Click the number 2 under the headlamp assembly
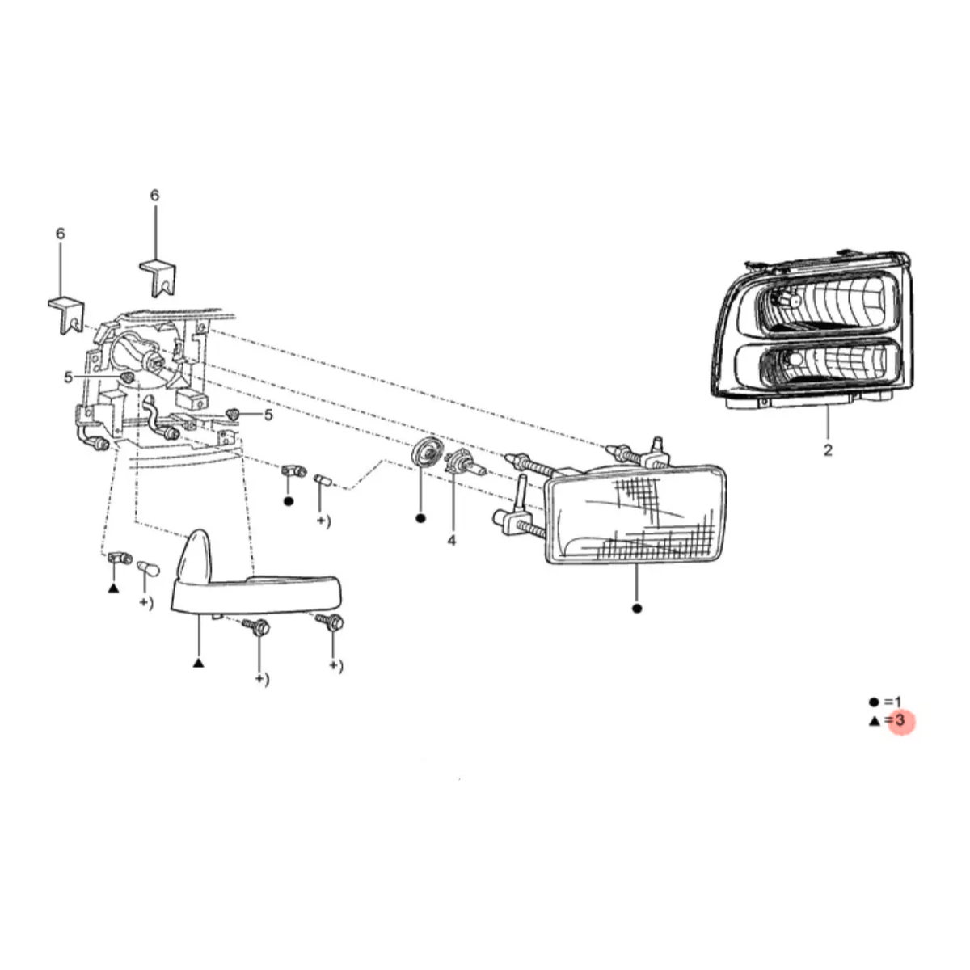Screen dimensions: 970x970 (828, 449)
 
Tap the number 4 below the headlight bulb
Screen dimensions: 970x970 (451, 541)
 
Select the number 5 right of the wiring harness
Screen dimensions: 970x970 (268, 415)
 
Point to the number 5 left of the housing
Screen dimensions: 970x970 (69, 377)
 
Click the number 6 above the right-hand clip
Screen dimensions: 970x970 (154, 196)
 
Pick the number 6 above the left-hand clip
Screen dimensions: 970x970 (61, 234)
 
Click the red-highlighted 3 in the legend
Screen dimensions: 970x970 (900, 720)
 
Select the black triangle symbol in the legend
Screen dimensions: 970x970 (874, 722)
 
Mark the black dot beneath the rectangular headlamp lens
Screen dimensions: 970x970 (637, 609)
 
